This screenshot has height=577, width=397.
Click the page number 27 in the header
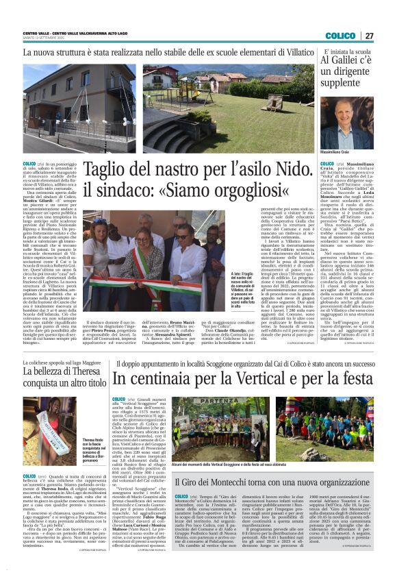point(369,36)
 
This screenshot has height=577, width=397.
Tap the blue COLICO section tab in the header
point(340,36)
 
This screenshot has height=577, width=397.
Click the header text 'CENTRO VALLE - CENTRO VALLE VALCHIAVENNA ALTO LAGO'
point(75,33)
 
